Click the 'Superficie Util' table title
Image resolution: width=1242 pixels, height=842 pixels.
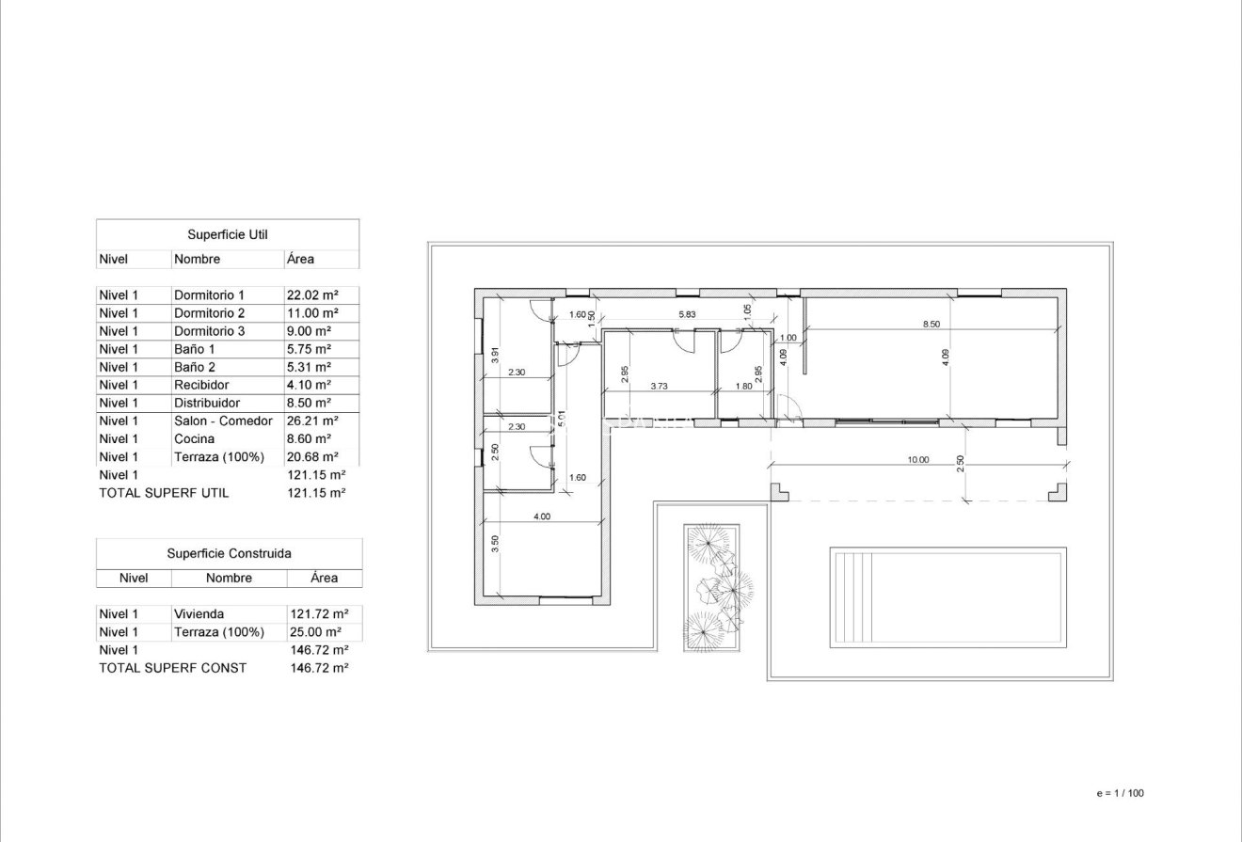coord(228,234)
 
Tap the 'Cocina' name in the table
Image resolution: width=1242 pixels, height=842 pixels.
coord(194,438)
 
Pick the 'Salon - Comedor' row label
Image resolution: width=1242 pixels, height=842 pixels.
coord(223,421)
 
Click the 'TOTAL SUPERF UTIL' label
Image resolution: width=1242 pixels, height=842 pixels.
coord(164,492)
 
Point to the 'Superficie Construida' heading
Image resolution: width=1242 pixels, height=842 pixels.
coord(229,553)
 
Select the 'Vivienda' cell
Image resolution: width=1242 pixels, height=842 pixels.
coord(199,613)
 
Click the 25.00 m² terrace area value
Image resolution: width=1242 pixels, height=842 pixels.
coord(313,631)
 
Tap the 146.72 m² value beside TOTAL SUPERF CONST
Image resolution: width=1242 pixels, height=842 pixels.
coord(320,667)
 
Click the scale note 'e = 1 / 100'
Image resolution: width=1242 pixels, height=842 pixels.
coord(1120,793)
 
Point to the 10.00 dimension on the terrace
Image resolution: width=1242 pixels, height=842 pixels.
coord(917,460)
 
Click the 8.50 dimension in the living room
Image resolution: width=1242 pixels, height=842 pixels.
coord(931,324)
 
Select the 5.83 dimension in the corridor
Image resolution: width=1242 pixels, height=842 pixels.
coord(687,314)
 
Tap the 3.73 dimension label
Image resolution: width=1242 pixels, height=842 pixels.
coord(659,386)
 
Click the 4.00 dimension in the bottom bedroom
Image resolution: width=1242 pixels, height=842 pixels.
coord(541,516)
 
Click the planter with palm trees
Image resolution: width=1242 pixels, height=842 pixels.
coord(711,588)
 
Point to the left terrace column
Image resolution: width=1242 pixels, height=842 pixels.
coord(778,491)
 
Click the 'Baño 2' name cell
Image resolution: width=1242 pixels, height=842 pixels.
coord(194,367)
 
